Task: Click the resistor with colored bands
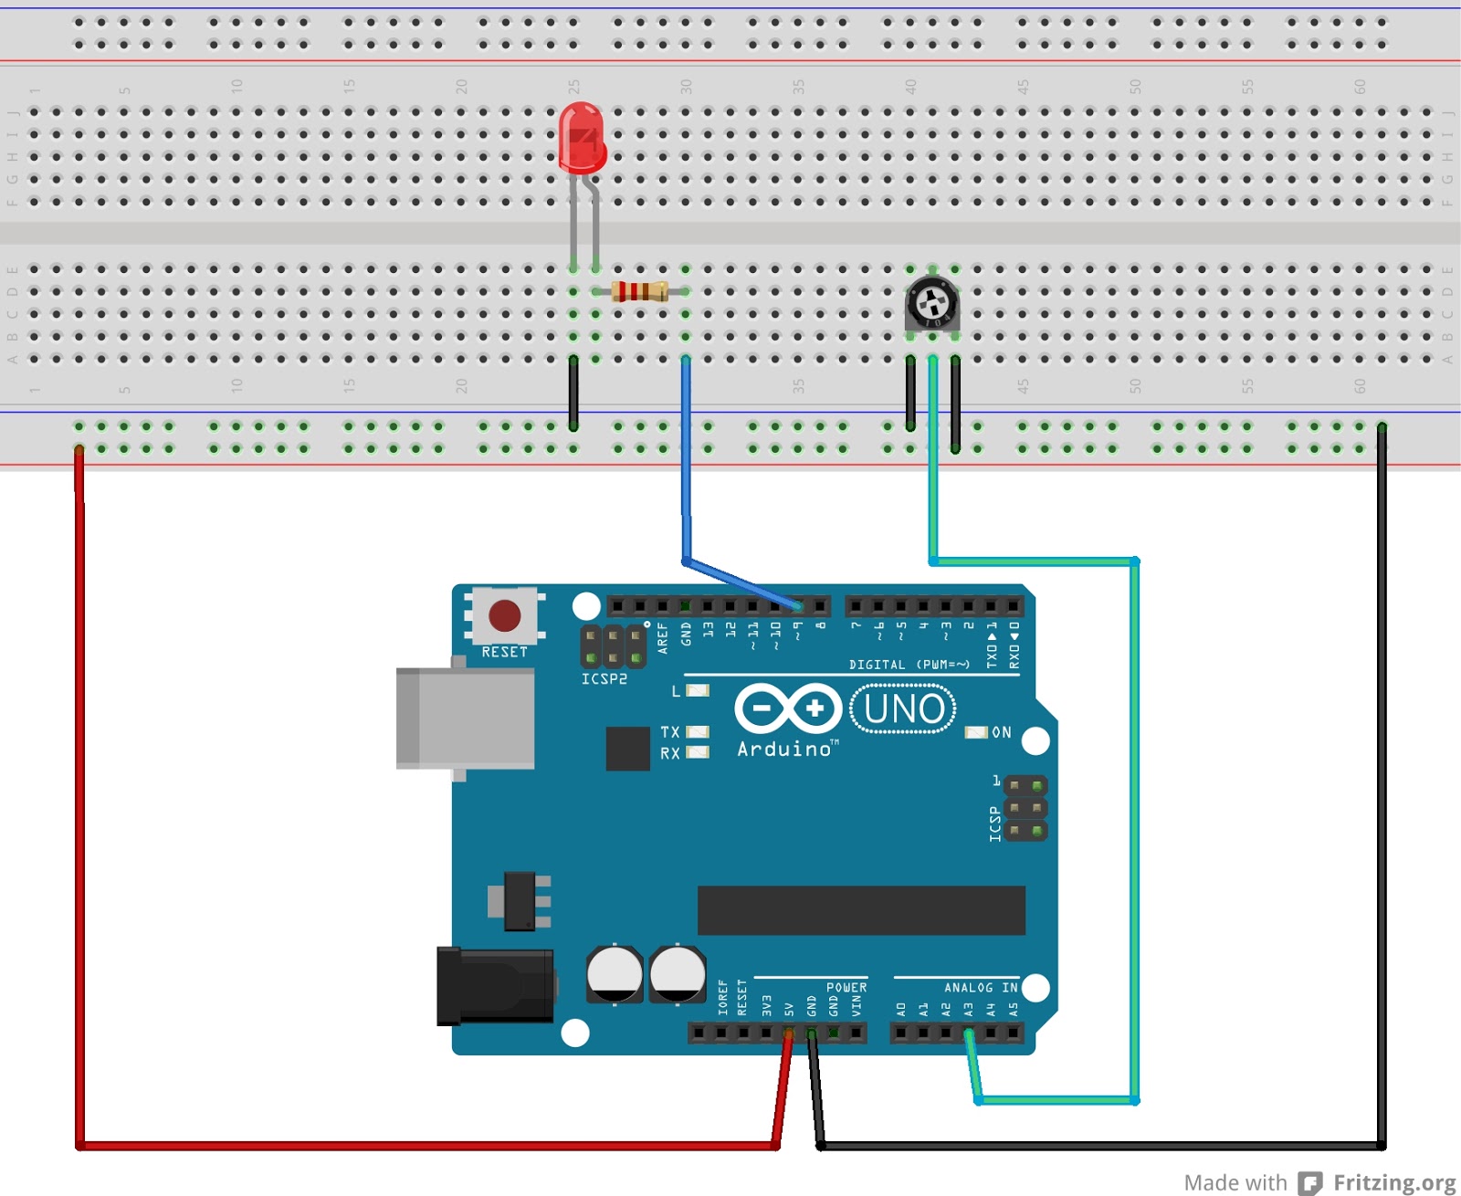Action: click(640, 291)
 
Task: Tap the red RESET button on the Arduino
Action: click(504, 615)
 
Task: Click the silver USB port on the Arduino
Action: click(466, 718)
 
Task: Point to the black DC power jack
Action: click(495, 986)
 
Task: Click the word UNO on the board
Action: click(903, 708)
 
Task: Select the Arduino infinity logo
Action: click(788, 708)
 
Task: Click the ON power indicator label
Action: click(1002, 732)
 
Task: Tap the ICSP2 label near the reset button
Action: click(604, 679)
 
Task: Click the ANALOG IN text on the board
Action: click(981, 988)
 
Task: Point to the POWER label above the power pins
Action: click(846, 988)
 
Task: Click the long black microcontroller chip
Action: click(860, 909)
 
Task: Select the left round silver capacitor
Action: click(615, 973)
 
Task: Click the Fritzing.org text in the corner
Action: click(1393, 1182)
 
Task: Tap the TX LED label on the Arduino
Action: click(669, 732)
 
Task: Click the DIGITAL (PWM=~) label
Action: click(909, 665)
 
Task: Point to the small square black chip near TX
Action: click(627, 748)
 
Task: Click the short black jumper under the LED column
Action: click(573, 393)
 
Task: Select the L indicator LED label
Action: click(676, 691)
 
